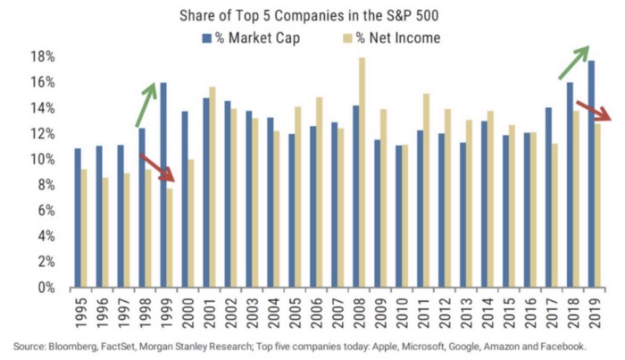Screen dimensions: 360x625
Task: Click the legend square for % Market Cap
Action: (x=204, y=38)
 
